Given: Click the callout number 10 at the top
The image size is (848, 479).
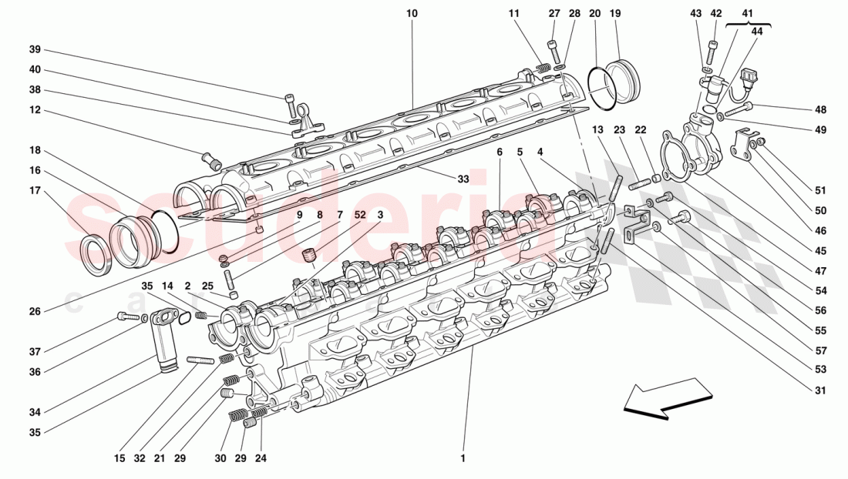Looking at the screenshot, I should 412,14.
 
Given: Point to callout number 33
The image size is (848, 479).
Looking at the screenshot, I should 463,179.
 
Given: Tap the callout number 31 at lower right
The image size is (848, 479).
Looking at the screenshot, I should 819,390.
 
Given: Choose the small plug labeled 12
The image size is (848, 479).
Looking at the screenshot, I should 210,162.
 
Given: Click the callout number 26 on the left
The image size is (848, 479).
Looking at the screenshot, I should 35,312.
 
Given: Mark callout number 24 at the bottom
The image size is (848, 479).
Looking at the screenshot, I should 261,458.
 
